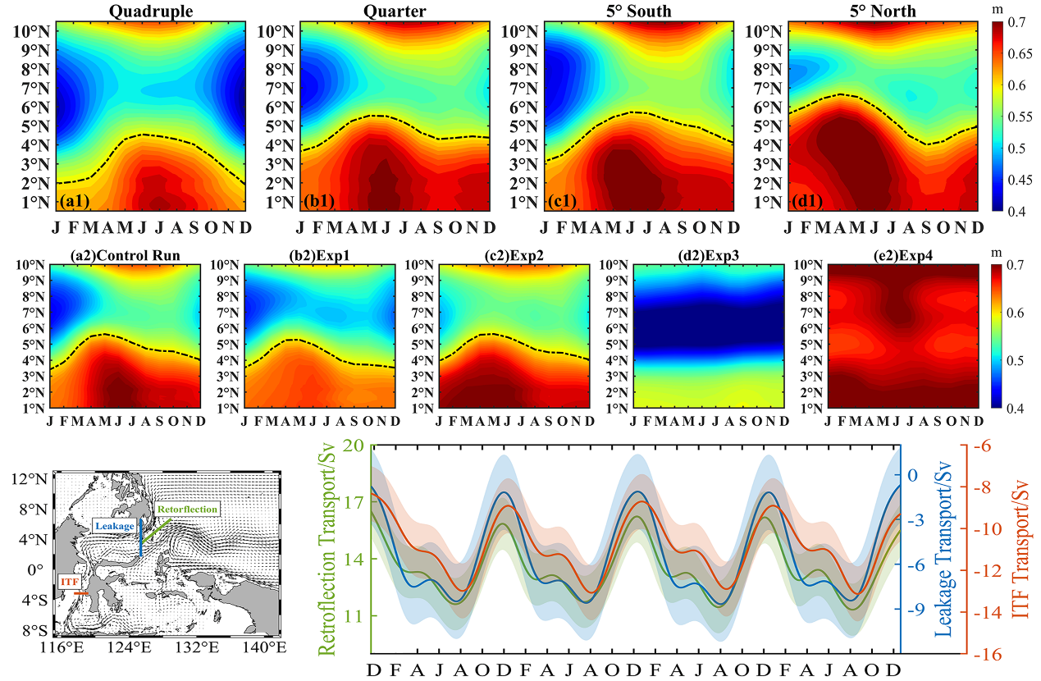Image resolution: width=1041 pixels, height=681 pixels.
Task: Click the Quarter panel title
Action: pyautogui.click(x=396, y=11)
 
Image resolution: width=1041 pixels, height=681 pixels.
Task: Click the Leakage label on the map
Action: pyautogui.click(x=113, y=525)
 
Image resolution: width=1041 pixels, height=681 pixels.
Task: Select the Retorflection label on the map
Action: pyautogui.click(x=188, y=510)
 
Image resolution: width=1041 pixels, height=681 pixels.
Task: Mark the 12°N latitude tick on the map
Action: pyautogui.click(x=31, y=479)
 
